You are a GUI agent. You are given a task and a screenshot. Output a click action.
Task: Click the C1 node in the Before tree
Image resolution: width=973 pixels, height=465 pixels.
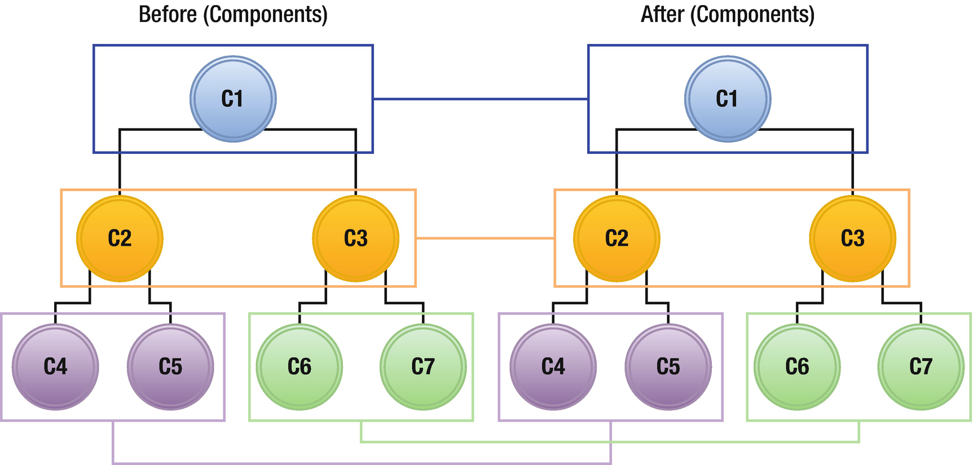(x=233, y=99)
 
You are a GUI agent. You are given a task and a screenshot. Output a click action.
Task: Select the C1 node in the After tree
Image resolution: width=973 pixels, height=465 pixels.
(x=728, y=99)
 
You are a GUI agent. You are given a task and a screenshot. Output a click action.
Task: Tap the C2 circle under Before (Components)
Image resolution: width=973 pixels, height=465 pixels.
(x=120, y=238)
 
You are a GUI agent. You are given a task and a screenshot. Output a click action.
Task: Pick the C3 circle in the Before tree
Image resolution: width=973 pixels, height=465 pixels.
(x=356, y=238)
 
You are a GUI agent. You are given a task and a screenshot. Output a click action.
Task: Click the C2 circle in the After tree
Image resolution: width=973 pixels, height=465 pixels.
(x=617, y=238)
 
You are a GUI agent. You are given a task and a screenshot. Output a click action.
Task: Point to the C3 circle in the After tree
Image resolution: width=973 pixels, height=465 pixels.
(x=853, y=238)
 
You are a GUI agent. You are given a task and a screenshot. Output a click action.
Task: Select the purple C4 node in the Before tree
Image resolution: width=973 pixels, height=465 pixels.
(x=55, y=367)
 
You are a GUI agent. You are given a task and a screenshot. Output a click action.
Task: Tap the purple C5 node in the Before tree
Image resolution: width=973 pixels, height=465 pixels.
(x=170, y=367)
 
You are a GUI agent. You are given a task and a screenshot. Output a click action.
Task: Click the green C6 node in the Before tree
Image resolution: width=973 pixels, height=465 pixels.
(x=300, y=367)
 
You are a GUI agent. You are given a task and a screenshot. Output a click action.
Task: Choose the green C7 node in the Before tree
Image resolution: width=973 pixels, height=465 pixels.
(x=423, y=367)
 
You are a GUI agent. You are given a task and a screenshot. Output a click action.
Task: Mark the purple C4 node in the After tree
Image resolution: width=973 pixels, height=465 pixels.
(x=553, y=367)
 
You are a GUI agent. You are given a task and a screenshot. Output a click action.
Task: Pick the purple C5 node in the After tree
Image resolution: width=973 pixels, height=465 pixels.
(x=668, y=367)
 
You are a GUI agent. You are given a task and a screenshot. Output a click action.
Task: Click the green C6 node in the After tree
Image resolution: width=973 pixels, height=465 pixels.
(x=797, y=367)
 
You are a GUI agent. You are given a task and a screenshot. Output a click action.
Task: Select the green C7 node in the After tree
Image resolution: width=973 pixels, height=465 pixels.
(x=921, y=367)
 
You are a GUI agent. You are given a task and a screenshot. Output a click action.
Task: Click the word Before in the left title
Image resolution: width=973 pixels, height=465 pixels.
(x=168, y=14)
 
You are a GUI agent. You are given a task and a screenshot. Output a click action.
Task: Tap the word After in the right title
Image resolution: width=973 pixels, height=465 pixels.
(x=663, y=14)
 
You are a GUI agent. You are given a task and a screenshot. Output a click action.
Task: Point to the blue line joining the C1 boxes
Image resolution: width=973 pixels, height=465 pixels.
(x=480, y=99)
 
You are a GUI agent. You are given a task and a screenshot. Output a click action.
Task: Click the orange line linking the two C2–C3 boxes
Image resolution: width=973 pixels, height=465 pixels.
(x=485, y=238)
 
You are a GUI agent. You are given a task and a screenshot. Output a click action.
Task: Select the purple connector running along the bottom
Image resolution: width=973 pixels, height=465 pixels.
(x=361, y=463)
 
